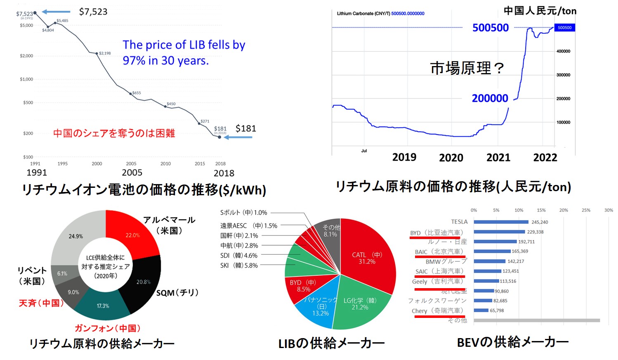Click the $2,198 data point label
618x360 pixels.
click(105, 53)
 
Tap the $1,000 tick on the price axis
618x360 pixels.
click(26, 79)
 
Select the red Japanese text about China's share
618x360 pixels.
click(114, 133)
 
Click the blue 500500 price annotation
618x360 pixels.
click(491, 28)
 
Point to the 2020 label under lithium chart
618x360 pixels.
click(451, 158)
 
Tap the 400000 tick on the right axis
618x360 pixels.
click(563, 51)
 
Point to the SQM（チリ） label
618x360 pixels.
click(177, 293)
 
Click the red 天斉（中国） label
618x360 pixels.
click(41, 303)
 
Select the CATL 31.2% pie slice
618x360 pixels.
click(367, 256)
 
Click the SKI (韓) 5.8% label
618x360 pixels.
click(239, 265)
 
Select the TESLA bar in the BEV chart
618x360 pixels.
click(501, 222)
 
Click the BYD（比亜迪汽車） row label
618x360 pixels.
click(437, 233)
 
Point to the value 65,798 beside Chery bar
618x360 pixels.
click(497, 310)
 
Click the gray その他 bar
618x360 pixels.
click(536, 320)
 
